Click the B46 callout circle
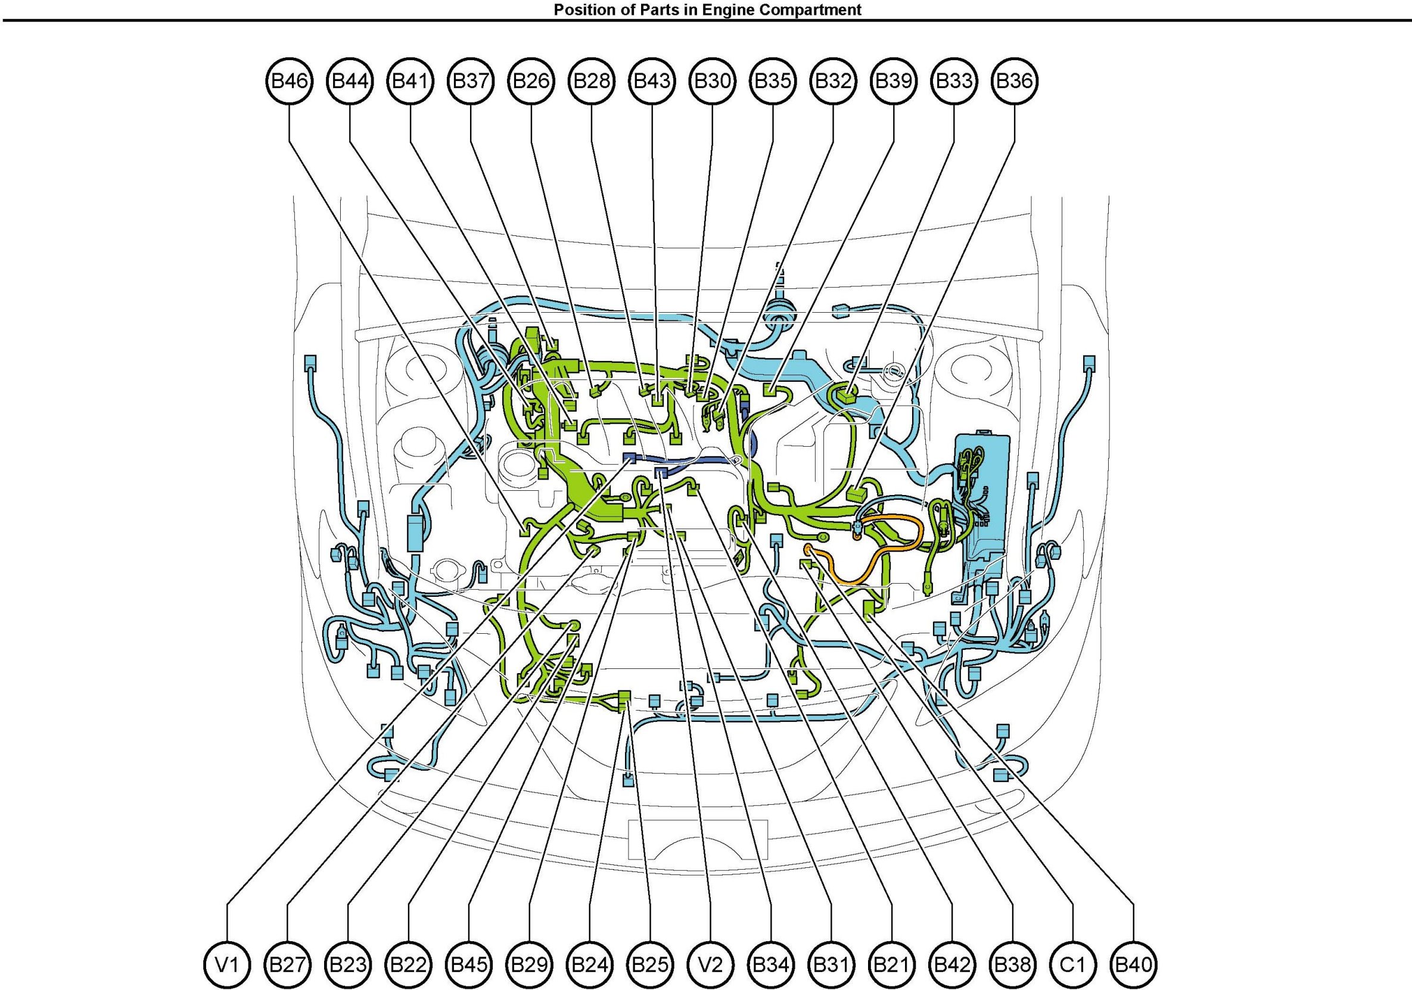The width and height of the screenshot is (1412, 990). click(x=290, y=81)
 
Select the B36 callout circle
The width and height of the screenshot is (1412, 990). click(x=1015, y=81)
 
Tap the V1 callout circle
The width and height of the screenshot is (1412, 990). click(x=228, y=964)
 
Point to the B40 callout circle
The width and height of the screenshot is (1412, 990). click(x=1133, y=964)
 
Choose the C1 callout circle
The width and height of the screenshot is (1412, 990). click(x=1073, y=964)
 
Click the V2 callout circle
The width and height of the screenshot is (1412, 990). click(x=711, y=964)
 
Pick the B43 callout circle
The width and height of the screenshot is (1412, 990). click(x=652, y=81)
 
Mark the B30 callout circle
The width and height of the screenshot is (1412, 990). click(x=713, y=81)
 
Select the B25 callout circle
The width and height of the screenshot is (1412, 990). click(x=651, y=964)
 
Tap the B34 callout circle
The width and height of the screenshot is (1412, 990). click(x=771, y=964)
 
